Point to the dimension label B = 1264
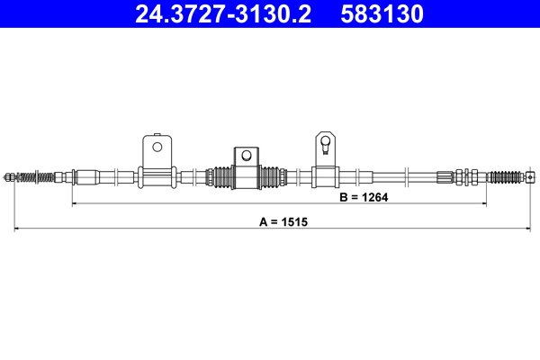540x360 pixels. point(363,197)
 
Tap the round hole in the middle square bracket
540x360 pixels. point(244,154)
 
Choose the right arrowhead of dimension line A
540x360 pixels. point(535,229)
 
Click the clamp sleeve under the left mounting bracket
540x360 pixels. point(157,176)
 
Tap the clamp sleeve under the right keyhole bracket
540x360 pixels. point(325,176)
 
